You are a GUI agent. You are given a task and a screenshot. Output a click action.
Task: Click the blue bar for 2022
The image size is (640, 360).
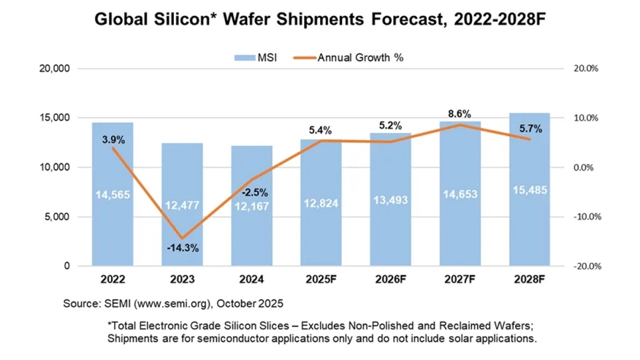113,219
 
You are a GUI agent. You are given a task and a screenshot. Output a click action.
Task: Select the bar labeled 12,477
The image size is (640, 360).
182,219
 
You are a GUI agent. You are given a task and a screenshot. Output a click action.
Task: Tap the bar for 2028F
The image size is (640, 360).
530,219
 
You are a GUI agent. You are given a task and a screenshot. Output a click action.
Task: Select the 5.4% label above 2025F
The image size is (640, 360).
320,130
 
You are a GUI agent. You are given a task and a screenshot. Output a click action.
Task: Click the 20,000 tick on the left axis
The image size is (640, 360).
52,68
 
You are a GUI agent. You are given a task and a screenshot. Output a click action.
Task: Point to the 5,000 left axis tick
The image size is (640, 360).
55,217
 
